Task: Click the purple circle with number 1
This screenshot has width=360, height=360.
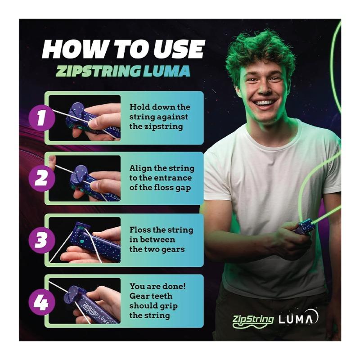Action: (42, 118)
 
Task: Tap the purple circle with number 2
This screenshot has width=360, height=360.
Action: (42, 178)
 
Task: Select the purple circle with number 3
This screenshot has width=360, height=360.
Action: (42, 240)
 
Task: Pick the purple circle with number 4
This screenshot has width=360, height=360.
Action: (42, 301)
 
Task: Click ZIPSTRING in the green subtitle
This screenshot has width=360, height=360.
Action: (98, 71)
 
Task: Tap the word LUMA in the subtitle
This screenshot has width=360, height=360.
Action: (166, 71)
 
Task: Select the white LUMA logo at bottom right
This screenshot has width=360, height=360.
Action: (298, 318)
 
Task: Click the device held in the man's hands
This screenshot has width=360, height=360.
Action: (304, 227)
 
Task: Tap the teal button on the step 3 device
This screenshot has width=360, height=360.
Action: (82, 241)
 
